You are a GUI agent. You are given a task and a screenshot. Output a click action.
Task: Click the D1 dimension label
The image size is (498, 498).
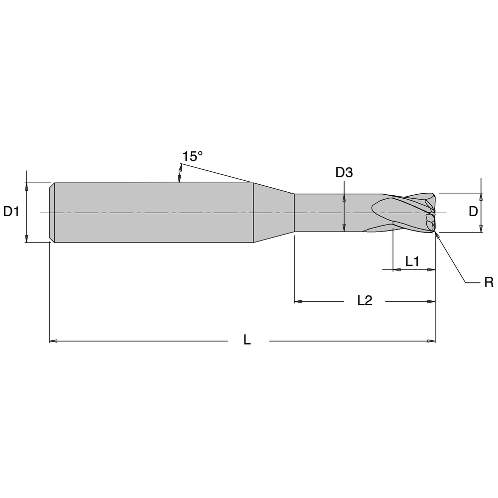(11, 212)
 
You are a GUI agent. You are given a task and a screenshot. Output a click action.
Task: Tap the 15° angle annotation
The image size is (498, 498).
(192, 157)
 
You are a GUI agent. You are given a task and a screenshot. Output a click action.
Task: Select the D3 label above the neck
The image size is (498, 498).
(344, 173)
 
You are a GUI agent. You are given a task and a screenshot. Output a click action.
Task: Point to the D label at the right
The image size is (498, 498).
(473, 212)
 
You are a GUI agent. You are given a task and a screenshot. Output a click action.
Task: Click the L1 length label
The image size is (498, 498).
(412, 261)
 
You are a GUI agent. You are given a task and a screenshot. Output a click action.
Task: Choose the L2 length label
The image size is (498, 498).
(365, 300)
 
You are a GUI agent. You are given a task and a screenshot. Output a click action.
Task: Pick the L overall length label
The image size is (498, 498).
(247, 340)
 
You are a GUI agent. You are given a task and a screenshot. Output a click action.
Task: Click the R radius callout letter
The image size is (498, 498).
(489, 283)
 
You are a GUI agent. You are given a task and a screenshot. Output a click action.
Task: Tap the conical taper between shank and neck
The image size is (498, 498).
(273, 213)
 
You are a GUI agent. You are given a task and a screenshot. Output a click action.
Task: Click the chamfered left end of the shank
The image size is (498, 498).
(52, 213)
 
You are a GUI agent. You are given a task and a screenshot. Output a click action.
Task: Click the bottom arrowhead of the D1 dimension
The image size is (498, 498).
(27, 239)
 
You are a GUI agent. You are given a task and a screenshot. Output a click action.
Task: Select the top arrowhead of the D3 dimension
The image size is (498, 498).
(344, 197)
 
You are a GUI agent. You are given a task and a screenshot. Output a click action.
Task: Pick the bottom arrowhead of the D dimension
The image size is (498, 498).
(481, 229)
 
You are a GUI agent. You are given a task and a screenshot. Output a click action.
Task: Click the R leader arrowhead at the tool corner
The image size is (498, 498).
(437, 236)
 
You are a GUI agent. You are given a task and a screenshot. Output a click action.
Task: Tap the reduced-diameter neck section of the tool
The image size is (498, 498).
(329, 213)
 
